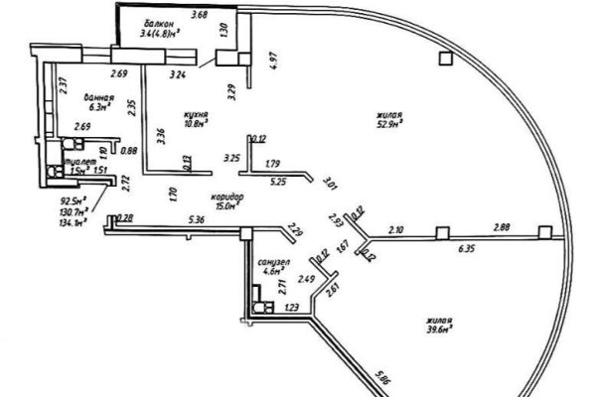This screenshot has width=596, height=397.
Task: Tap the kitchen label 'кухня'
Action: (196, 116)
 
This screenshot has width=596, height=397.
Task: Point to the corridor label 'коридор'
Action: (227, 196)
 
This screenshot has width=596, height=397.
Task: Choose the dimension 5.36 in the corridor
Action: (196, 219)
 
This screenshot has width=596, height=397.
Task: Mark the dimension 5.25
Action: (278, 182)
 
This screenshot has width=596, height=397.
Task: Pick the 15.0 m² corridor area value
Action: (227, 206)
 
